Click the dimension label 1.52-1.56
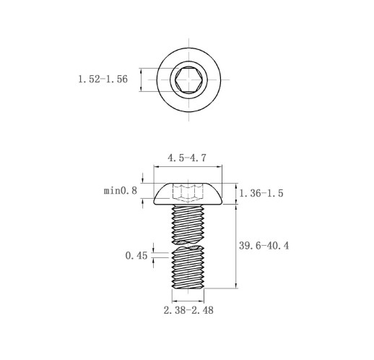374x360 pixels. click(103, 80)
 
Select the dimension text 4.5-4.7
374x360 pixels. click(187, 158)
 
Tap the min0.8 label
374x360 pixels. click(121, 191)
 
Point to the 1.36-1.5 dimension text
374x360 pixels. click(261, 193)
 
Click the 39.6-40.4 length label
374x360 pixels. click(264, 246)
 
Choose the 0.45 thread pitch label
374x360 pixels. click(136, 256)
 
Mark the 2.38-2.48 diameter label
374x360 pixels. click(188, 310)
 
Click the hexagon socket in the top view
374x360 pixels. click(188, 80)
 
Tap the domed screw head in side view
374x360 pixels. click(188, 194)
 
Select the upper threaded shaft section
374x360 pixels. click(188, 224)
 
